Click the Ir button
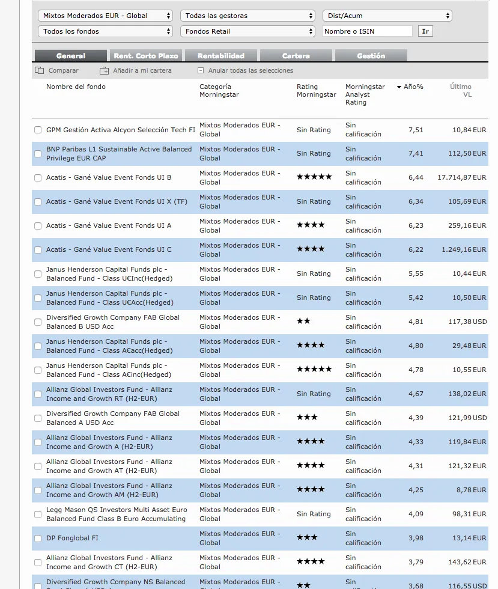coord(425,31)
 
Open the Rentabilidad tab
coord(221,56)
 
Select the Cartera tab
coord(296,56)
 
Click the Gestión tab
coord(371,56)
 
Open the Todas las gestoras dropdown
coord(248,16)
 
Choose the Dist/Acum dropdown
coord(387,16)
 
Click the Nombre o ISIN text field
coord(368,31)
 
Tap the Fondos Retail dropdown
coord(248,31)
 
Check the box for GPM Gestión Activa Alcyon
coord(38,130)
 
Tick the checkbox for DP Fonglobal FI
coord(38,539)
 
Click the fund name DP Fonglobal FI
coord(72,538)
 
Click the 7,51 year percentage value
coord(416,129)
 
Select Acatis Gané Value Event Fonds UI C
coord(109,249)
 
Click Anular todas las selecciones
coord(251,70)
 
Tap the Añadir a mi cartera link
coord(142,70)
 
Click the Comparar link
coord(63,70)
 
